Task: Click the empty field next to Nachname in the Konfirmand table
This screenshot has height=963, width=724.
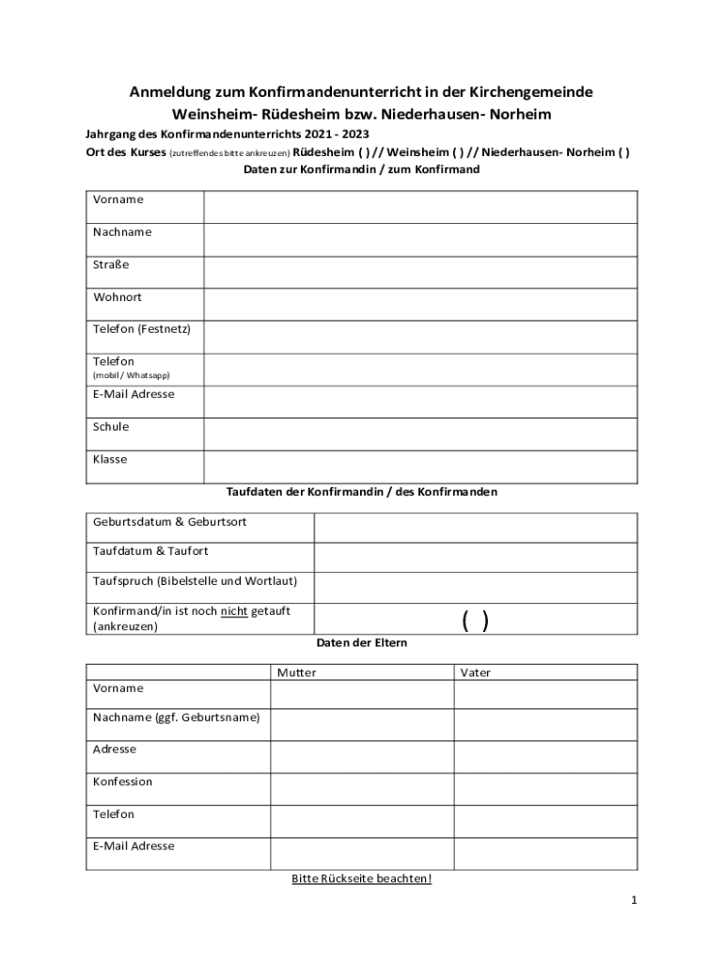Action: click(420, 239)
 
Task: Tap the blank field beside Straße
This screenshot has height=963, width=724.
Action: click(420, 272)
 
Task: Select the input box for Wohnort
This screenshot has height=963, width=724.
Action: click(420, 304)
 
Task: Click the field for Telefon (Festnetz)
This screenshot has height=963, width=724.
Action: click(420, 337)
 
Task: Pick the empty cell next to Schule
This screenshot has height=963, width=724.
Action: click(420, 434)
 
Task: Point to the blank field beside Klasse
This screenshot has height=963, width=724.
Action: click(420, 466)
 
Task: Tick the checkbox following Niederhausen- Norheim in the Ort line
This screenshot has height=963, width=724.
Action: click(624, 152)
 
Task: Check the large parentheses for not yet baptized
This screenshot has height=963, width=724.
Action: click(475, 621)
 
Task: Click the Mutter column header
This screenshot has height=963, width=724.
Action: click(297, 672)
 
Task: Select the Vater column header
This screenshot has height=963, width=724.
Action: click(476, 672)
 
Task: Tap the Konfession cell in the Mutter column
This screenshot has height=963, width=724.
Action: click(362, 788)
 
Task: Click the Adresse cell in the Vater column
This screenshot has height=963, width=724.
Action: click(545, 756)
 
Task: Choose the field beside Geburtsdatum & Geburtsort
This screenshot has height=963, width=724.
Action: click(475, 528)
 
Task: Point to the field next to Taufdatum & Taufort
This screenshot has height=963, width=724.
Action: click(475, 558)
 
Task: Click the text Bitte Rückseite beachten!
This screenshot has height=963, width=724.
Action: click(362, 878)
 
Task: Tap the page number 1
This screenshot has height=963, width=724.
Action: click(634, 901)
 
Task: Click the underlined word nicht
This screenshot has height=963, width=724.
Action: click(234, 611)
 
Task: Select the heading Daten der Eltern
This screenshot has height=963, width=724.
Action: click(362, 643)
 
